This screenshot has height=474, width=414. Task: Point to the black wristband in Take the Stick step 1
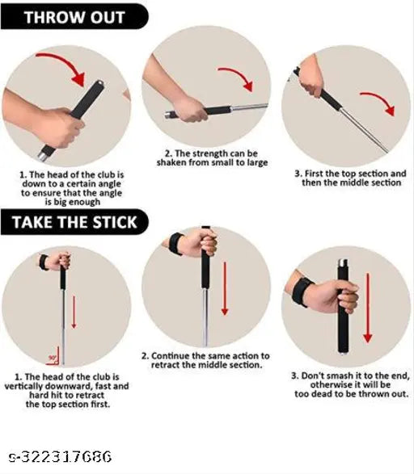click(44, 262)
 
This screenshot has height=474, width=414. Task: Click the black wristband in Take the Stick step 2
click(175, 242)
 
